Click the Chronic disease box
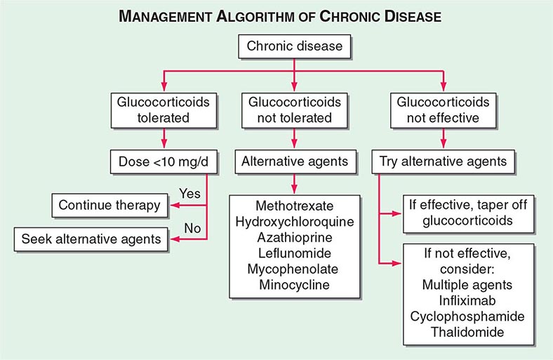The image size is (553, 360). (x=294, y=48)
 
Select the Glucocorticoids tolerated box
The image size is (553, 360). (x=163, y=109)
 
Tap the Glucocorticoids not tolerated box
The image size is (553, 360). (x=295, y=109)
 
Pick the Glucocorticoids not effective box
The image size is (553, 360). (x=443, y=109)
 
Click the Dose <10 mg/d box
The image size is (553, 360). (x=163, y=161)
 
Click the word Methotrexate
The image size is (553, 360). (x=293, y=206)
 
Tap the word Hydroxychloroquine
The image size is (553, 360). (x=293, y=222)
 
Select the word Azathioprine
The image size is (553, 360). (x=293, y=238)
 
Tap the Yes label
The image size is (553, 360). (x=190, y=192)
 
